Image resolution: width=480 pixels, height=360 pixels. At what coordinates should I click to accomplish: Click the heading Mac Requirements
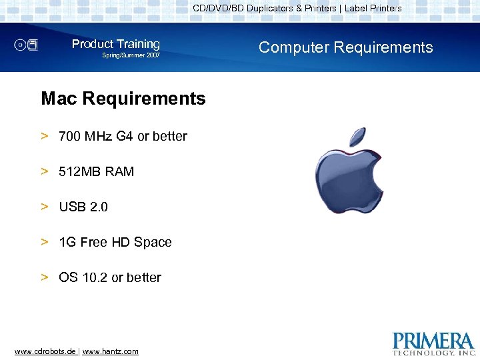123,99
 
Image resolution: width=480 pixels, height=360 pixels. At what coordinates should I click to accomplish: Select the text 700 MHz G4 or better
123,136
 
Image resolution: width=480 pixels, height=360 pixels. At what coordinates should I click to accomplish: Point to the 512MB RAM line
96,171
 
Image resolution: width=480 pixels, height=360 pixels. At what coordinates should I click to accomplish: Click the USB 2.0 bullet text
83,207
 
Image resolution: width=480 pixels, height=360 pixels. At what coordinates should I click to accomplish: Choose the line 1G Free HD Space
115,242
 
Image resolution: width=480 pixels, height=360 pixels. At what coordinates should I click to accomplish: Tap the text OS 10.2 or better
109,277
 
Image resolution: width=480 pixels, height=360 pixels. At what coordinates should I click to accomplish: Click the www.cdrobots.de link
45,351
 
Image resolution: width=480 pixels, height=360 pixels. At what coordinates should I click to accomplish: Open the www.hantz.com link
111,351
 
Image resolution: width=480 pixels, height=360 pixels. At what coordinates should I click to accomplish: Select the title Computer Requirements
345,47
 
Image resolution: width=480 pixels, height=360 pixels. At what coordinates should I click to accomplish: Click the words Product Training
116,44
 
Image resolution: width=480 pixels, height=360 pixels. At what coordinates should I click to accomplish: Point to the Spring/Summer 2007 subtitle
131,55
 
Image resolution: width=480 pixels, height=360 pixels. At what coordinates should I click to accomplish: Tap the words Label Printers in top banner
373,9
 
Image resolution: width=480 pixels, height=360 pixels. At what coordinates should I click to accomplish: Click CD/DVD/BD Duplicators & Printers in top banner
265,9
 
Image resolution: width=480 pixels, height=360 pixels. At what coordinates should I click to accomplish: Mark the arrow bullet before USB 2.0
45,207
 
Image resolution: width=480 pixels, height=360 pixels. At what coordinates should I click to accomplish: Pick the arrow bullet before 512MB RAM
45,171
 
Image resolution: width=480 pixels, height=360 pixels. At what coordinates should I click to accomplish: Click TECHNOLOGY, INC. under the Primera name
433,352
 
